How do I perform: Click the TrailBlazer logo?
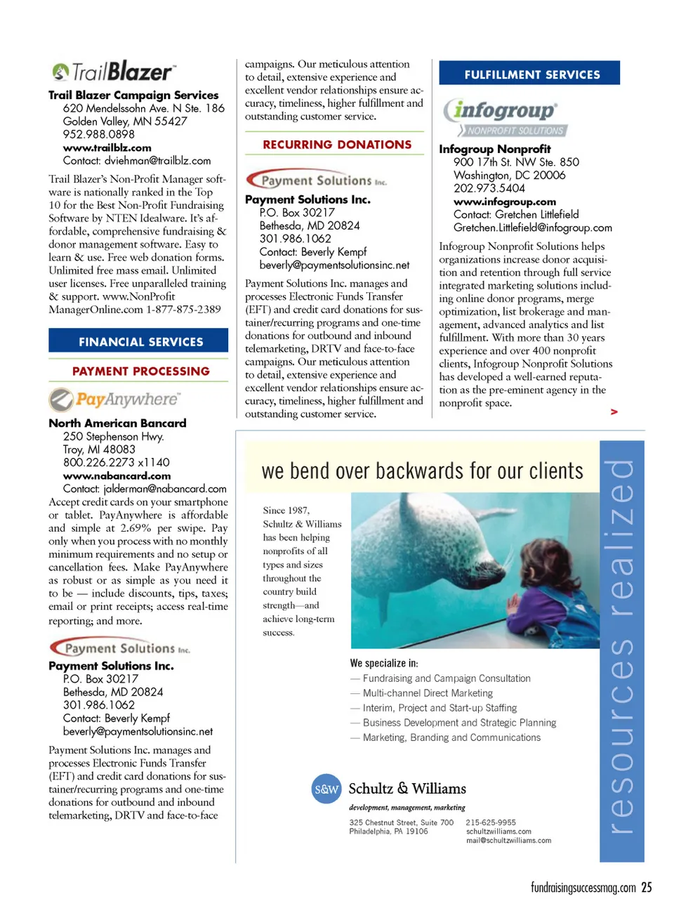pos(112,72)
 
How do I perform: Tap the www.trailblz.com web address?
pos(107,147)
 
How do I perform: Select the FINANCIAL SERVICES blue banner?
pos(138,341)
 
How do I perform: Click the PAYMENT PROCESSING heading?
pos(140,371)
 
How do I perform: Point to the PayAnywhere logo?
pos(114,400)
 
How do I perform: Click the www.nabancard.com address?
pos(117,475)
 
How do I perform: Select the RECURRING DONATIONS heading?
pos(337,145)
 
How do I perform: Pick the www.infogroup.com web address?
pos(504,202)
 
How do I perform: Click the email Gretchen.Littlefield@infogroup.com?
pos(532,228)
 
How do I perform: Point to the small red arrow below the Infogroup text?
pos(614,412)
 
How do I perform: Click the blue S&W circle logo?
pos(326,789)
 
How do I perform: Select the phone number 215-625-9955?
pos(490,822)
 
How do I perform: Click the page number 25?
pos(647,888)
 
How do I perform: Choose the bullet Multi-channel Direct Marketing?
pos(428,693)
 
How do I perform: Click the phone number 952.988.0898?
pos(98,134)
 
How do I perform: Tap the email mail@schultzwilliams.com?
pos(508,840)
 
